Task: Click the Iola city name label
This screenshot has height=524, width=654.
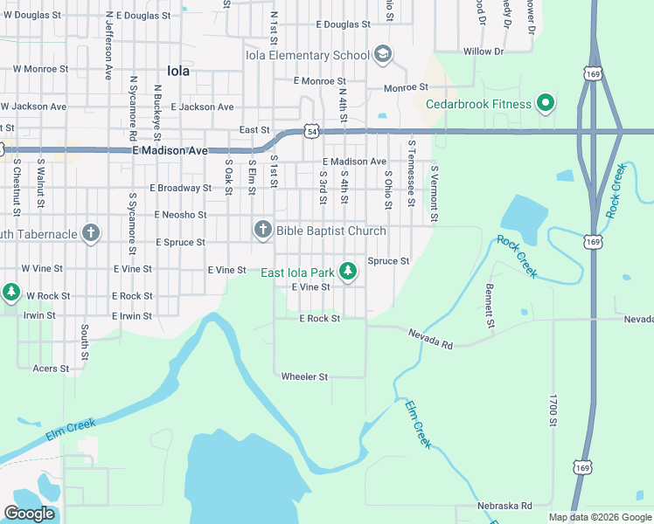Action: coord(177,72)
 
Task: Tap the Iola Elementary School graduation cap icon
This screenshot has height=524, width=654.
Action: coord(382,55)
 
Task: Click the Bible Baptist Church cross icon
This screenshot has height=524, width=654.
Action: coord(262,231)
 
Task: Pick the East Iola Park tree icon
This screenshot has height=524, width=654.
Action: coord(348,272)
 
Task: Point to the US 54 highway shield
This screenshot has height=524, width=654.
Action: coord(310,130)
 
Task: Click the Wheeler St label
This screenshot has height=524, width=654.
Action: coord(303,376)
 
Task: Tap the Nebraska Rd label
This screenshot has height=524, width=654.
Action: coord(504,506)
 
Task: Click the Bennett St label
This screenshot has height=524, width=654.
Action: coord(491,300)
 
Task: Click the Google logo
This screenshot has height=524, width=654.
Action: coord(30,513)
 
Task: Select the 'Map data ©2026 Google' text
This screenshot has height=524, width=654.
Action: coord(600,517)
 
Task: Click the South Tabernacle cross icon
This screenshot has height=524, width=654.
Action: coord(89,233)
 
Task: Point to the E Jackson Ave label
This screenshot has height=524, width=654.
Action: coord(202,107)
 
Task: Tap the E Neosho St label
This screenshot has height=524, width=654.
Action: coord(180,214)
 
